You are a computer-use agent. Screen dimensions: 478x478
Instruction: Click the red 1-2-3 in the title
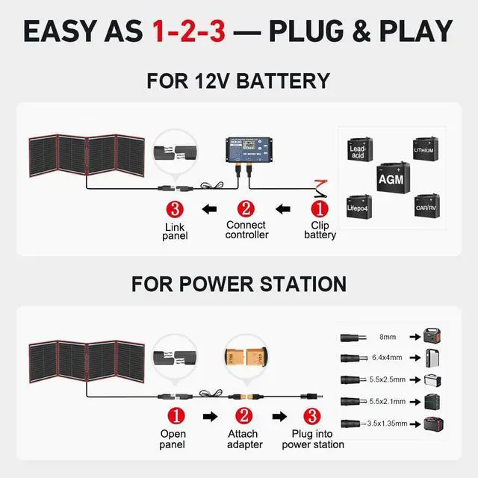click(189, 31)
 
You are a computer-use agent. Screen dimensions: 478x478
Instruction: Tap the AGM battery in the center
click(390, 177)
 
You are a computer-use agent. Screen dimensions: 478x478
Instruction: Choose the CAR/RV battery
click(427, 205)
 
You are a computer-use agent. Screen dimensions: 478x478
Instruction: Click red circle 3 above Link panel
click(173, 209)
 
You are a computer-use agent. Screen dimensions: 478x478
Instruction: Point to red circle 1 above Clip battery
click(319, 209)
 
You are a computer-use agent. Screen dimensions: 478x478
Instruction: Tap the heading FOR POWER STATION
click(239, 284)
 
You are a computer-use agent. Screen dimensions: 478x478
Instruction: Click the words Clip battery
click(320, 229)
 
